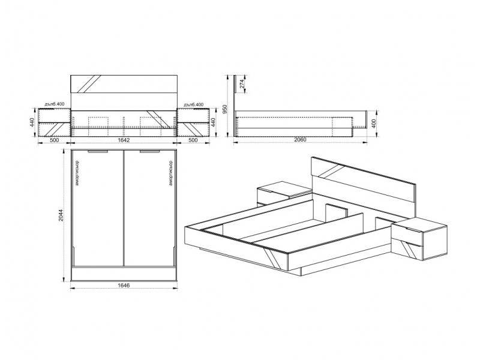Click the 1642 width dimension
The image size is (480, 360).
(x=124, y=140)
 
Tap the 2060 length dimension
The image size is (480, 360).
(x=301, y=140)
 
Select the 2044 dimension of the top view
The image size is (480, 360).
(x=61, y=216)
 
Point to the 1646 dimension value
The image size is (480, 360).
(x=124, y=286)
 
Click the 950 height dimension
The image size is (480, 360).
(x=224, y=109)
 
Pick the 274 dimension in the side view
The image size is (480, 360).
(x=242, y=84)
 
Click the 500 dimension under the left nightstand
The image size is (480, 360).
(x=54, y=140)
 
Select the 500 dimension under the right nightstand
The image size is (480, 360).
(x=193, y=140)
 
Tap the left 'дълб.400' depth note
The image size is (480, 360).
(x=54, y=104)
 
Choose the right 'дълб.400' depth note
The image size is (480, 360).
(x=193, y=104)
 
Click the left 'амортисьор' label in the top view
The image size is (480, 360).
(x=77, y=173)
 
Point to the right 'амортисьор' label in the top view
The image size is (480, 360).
(x=170, y=173)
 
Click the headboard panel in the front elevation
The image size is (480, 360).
(x=124, y=83)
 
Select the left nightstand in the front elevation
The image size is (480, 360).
(x=54, y=122)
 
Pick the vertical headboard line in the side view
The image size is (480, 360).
(x=235, y=106)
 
